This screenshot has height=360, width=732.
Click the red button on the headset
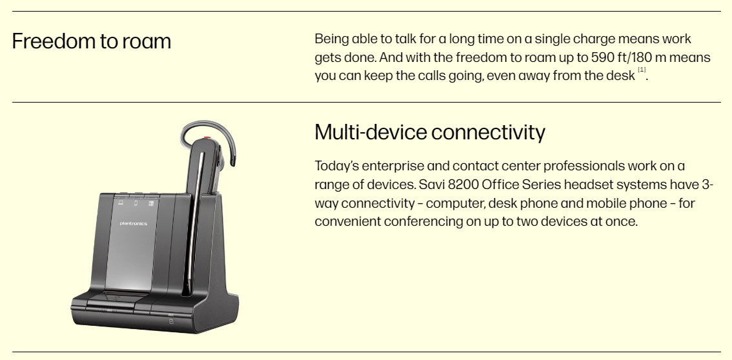[x=207, y=138]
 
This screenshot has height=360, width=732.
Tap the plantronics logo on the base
[x=134, y=223]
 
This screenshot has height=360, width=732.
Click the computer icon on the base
[x=121, y=203]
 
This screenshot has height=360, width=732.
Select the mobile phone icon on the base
[x=136, y=203]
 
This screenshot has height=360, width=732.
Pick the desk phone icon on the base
[x=151, y=203]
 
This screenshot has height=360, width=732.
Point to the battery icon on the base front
[x=171, y=321]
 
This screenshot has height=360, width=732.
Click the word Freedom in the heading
[x=54, y=41]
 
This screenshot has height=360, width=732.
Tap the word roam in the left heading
[x=147, y=42]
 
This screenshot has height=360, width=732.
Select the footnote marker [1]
[x=642, y=70]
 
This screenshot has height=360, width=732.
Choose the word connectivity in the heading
[x=487, y=132]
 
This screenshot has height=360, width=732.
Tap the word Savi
[x=431, y=185]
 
